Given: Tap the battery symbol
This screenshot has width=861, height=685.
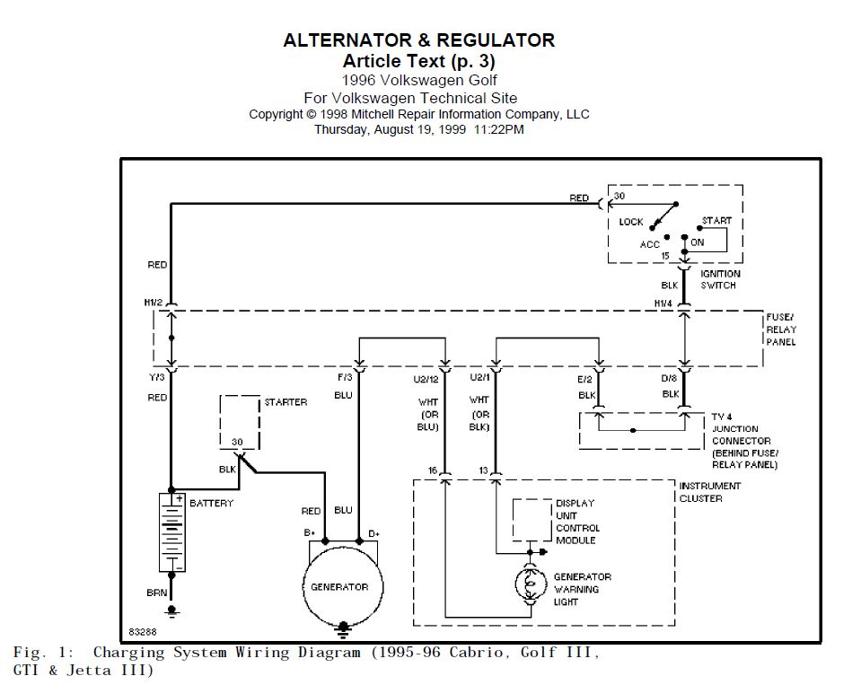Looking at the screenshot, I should click(171, 531).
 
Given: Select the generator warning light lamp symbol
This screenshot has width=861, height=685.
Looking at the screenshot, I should click(529, 585).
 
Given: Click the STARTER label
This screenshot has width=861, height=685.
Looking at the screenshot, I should click(286, 402).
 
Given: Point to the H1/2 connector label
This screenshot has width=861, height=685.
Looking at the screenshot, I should click(154, 303).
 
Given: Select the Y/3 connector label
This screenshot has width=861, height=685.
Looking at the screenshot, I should click(156, 379).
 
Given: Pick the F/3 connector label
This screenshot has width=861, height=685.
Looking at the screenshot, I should click(346, 379).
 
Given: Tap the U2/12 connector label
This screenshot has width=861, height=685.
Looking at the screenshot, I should click(425, 379).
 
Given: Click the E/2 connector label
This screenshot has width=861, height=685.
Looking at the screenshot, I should click(585, 379).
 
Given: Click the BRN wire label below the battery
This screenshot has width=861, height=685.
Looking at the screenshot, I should click(156, 593).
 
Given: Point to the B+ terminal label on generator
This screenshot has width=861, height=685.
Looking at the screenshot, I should click(310, 533).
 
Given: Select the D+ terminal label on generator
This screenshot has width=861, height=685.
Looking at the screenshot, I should click(373, 533).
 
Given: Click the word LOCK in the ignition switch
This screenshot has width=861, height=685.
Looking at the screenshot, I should click(631, 222).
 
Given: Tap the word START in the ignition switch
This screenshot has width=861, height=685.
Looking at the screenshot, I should click(716, 220).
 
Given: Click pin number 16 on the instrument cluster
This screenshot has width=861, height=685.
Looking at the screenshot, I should click(432, 470).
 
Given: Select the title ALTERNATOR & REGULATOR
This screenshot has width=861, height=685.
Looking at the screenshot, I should click(418, 40).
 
